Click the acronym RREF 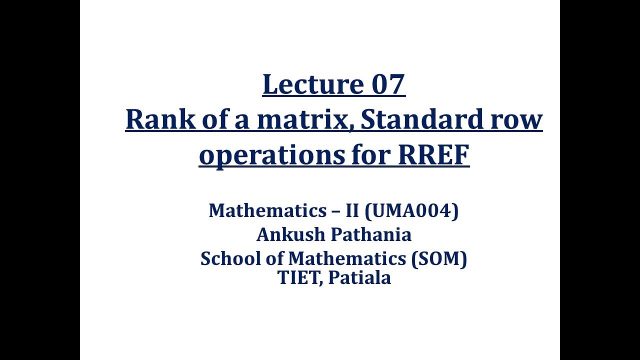434,155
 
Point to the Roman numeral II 352,210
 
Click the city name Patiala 359,277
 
